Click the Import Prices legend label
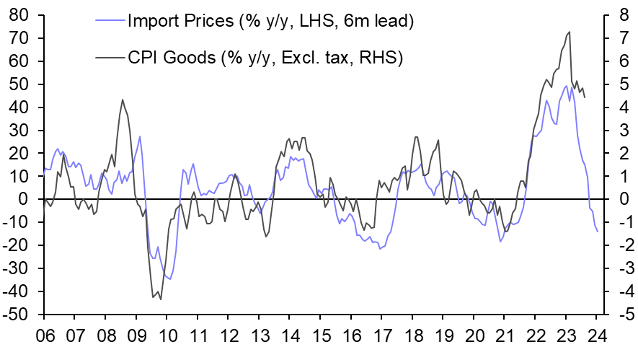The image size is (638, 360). [x=270, y=21]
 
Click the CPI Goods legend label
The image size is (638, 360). [x=264, y=57]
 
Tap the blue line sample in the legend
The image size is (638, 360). [x=109, y=21]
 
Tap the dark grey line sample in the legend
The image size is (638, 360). [x=109, y=57]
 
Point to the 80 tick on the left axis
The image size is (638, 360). [x=19, y=15]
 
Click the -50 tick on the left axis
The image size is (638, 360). [x=17, y=315]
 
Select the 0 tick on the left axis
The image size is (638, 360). [x=26, y=200]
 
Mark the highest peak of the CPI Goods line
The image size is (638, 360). [x=570, y=32]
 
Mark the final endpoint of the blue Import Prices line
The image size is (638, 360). [x=597, y=231]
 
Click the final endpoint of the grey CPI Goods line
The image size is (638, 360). [x=584, y=97]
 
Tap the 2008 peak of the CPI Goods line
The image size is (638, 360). [x=122, y=100]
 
